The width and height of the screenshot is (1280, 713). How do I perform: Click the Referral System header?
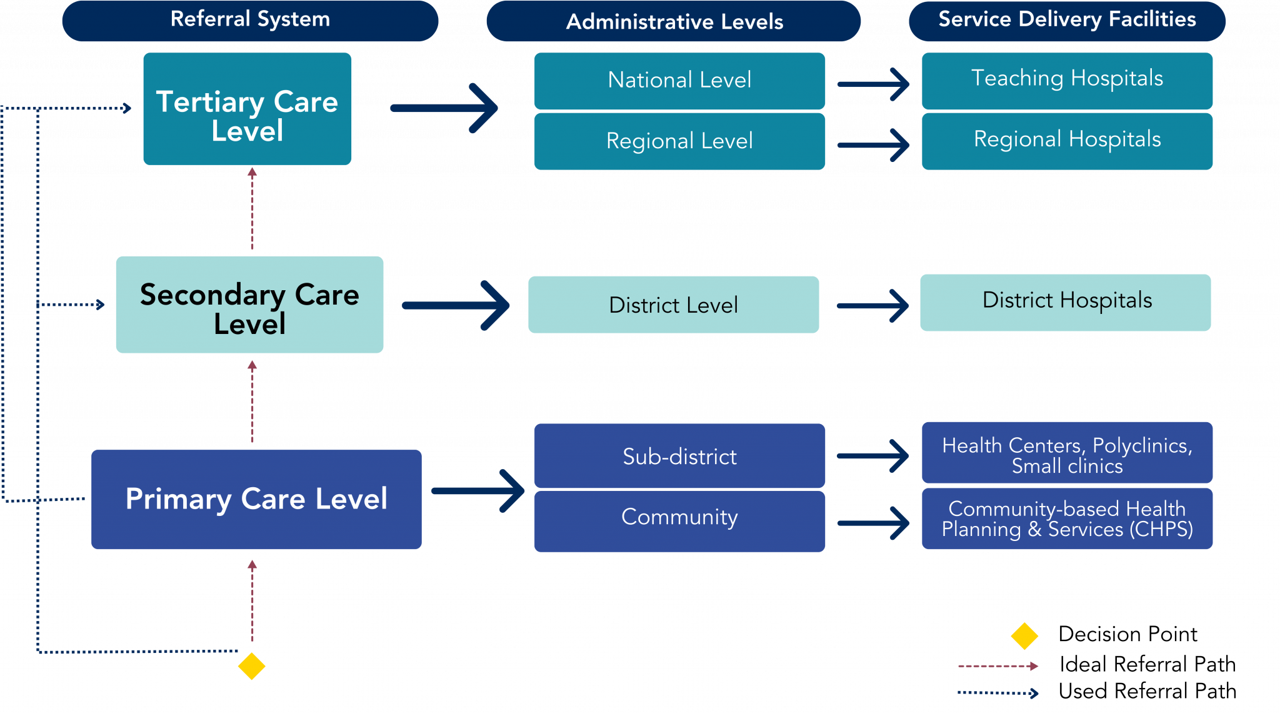(250, 20)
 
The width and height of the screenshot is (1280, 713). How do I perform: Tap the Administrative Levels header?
(674, 21)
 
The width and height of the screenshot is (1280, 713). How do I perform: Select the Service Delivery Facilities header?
(1067, 20)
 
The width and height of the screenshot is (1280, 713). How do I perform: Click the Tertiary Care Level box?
(247, 109)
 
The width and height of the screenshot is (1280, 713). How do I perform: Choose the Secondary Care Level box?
(249, 305)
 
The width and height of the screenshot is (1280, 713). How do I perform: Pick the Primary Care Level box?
(256, 499)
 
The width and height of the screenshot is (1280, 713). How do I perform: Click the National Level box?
(679, 81)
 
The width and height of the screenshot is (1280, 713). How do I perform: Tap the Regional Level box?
(679, 141)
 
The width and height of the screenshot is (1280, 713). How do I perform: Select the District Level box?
(673, 305)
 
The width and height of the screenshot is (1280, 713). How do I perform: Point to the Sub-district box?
(679, 456)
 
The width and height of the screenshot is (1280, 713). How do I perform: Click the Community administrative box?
(679, 520)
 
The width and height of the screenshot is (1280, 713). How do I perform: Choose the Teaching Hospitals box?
(1067, 81)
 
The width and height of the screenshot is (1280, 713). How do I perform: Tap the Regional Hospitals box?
(1067, 141)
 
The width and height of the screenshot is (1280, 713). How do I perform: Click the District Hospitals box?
(1065, 302)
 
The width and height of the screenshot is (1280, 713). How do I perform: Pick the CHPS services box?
(1067, 518)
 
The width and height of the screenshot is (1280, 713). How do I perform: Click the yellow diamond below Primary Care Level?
(251, 665)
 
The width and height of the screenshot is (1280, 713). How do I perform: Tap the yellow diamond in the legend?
(1024, 636)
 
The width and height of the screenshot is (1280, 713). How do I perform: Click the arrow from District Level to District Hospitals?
(872, 306)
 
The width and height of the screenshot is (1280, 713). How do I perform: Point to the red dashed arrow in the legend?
(997, 666)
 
